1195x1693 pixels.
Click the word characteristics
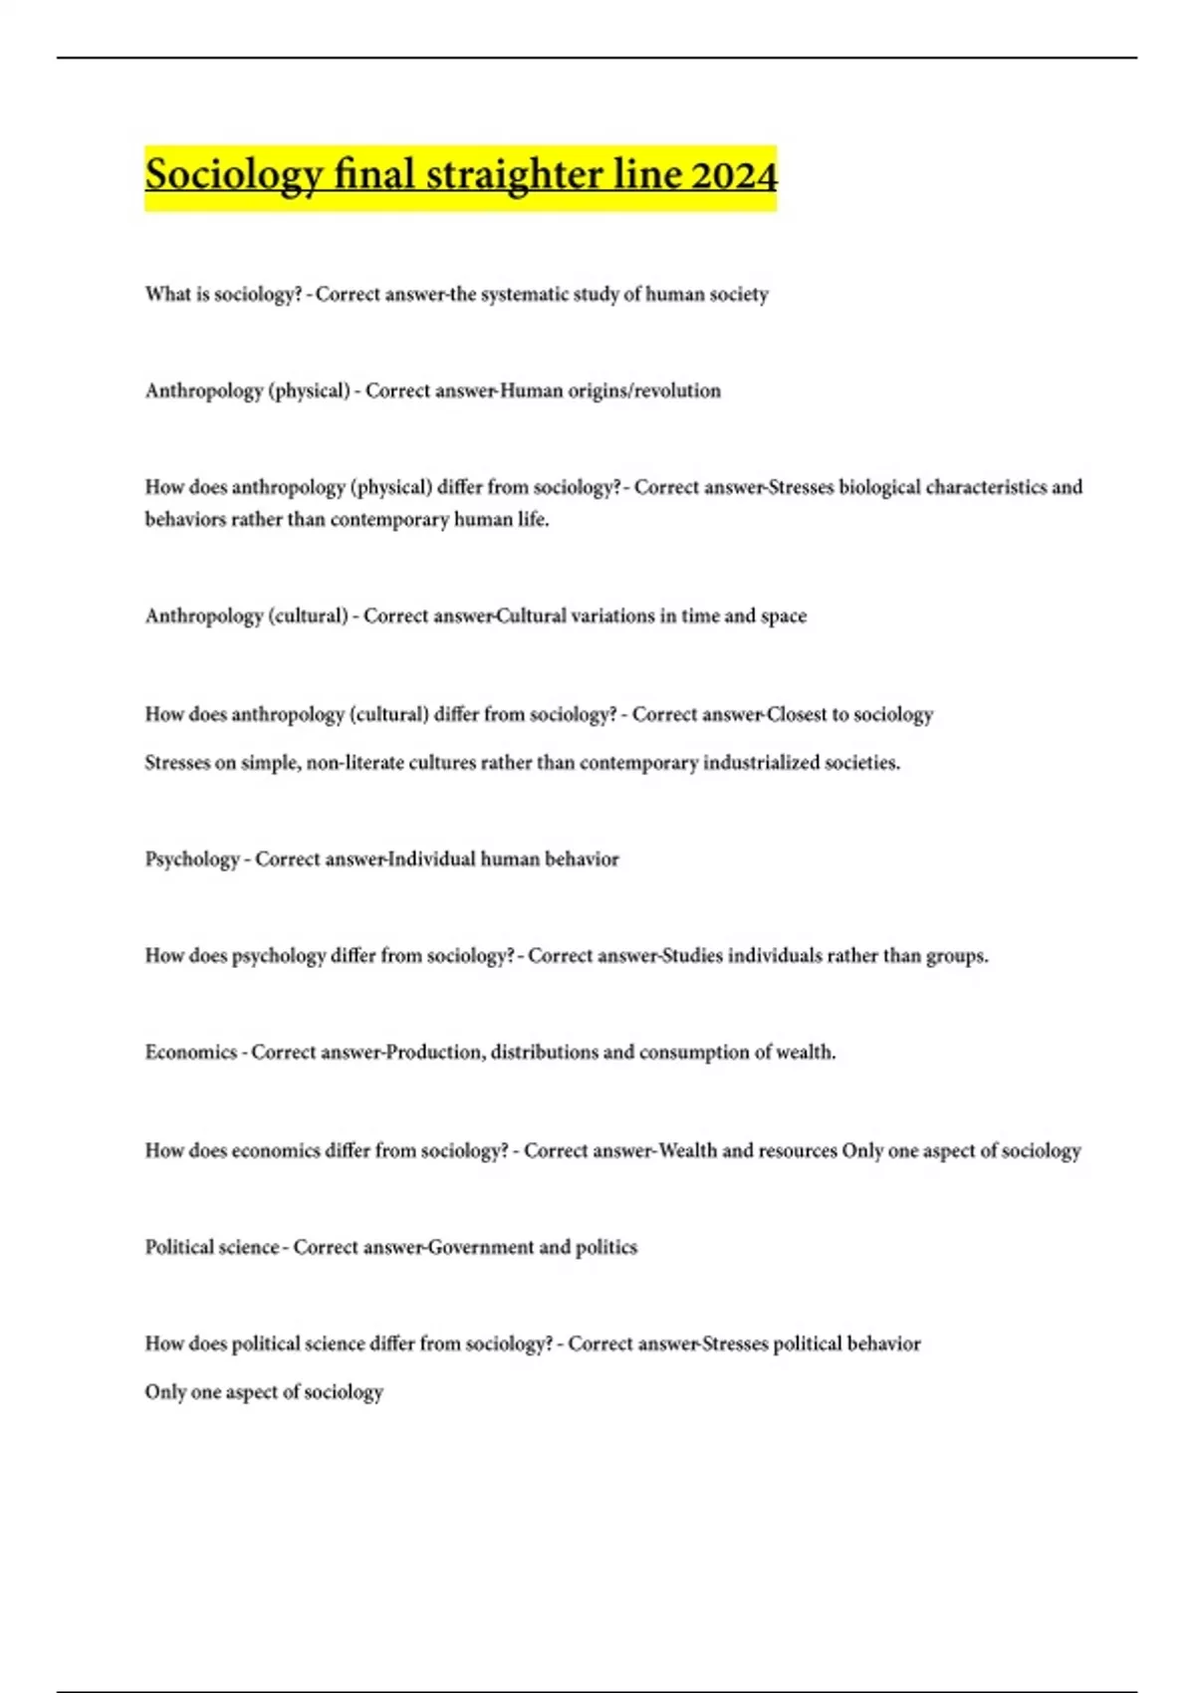click(986, 488)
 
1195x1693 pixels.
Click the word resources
click(798, 1151)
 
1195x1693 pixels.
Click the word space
click(784, 616)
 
